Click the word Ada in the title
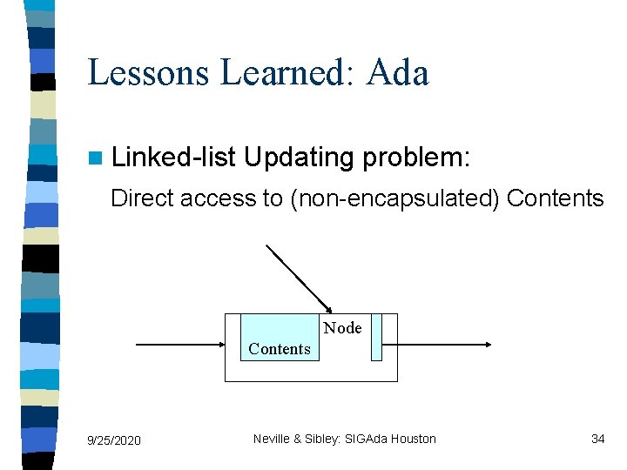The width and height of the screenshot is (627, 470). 398,72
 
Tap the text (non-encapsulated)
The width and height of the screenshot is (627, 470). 394,198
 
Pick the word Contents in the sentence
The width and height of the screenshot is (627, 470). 555,198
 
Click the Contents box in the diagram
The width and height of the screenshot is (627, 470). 280,338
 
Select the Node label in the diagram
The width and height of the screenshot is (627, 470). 342,328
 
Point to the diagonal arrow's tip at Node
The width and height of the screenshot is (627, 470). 330,310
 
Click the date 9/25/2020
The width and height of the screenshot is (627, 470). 114,440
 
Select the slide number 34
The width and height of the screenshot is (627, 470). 597,439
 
